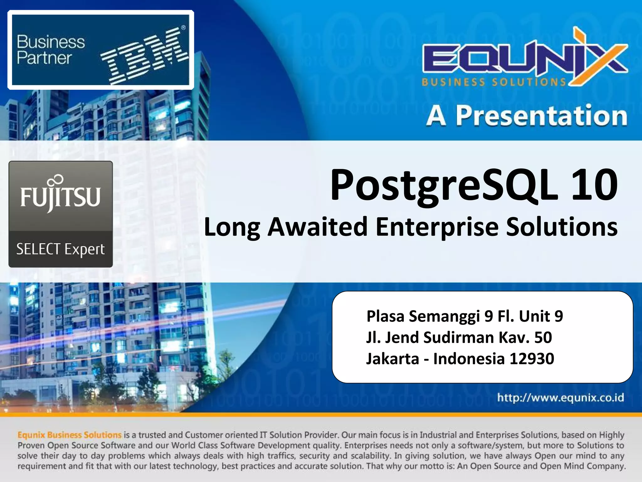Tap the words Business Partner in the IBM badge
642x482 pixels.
pos(50,50)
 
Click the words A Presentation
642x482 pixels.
pos(527,116)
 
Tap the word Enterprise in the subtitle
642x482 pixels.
pos(437,227)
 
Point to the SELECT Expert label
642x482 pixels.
pos(61,249)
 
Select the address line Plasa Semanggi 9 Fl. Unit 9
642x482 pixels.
pos(465,316)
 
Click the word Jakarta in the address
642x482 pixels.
pos(392,359)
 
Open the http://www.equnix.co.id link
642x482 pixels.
pos(560,398)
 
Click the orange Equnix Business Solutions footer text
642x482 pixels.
pos(69,435)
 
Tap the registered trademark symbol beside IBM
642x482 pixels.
pos(183,28)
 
